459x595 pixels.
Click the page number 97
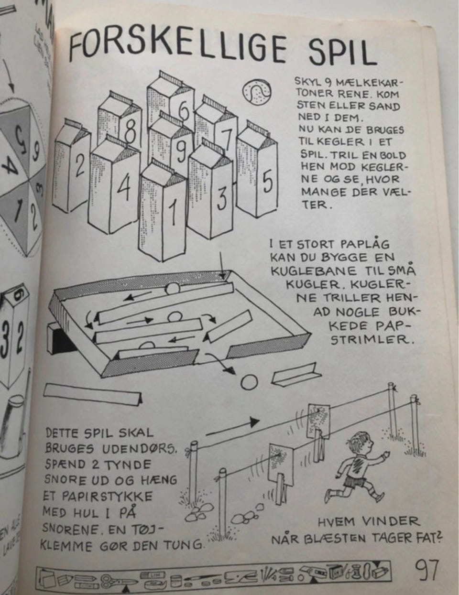pos(427,570)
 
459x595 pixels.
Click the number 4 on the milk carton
pos(124,189)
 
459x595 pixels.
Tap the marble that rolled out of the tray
pos(249,382)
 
